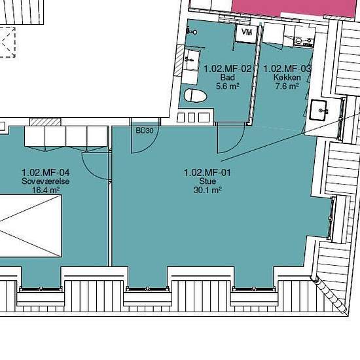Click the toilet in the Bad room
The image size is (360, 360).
tap(196, 96)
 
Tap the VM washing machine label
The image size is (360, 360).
tap(247, 31)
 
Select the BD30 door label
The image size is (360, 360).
tap(145, 131)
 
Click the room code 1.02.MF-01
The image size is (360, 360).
tap(207, 172)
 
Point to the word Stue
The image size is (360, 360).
tap(207, 181)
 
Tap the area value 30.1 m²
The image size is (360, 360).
tap(207, 190)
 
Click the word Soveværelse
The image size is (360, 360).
tap(45, 181)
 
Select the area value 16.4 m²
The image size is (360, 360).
tap(46, 190)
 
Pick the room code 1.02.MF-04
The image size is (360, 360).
tap(45, 172)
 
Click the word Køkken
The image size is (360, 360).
tap(287, 77)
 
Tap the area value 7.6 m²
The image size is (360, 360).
tap(287, 86)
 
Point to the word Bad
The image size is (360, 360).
tap(228, 77)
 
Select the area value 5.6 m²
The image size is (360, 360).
tap(228, 86)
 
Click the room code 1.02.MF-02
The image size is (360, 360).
tap(228, 69)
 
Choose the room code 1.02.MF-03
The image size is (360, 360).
tap(287, 69)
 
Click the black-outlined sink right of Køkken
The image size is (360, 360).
tap(319, 110)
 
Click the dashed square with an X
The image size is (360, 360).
tap(7, 43)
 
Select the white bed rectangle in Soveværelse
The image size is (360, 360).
tap(31, 226)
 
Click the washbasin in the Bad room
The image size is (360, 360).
tap(192, 60)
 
